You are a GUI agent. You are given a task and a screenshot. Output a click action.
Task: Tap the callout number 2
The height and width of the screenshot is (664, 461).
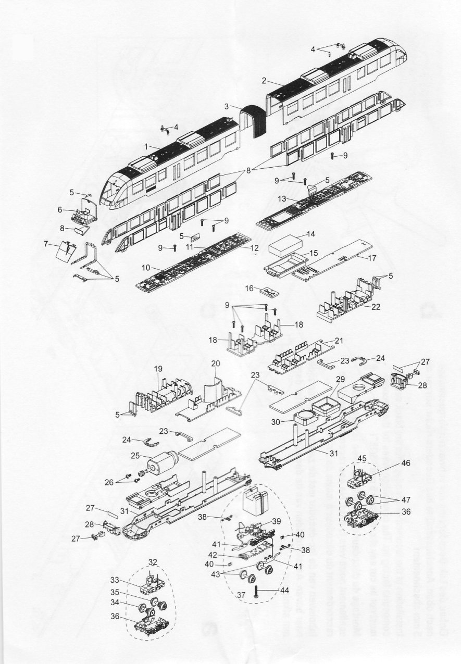tap(264, 80)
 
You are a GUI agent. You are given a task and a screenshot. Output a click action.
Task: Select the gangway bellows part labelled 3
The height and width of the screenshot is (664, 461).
tap(254, 121)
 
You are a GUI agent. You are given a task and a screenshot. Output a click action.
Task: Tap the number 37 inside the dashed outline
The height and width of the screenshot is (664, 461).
tap(241, 594)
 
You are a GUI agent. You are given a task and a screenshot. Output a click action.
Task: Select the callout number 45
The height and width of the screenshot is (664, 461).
tap(363, 458)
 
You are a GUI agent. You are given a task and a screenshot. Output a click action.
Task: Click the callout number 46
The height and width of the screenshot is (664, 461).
tap(406, 463)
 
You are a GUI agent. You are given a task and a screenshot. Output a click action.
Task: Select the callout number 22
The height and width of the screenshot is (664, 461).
tap(375, 307)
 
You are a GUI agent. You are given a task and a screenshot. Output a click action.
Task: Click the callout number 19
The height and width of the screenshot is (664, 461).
tap(158, 369)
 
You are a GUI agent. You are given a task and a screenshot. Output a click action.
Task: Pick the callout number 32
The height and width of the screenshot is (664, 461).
tap(153, 562)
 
